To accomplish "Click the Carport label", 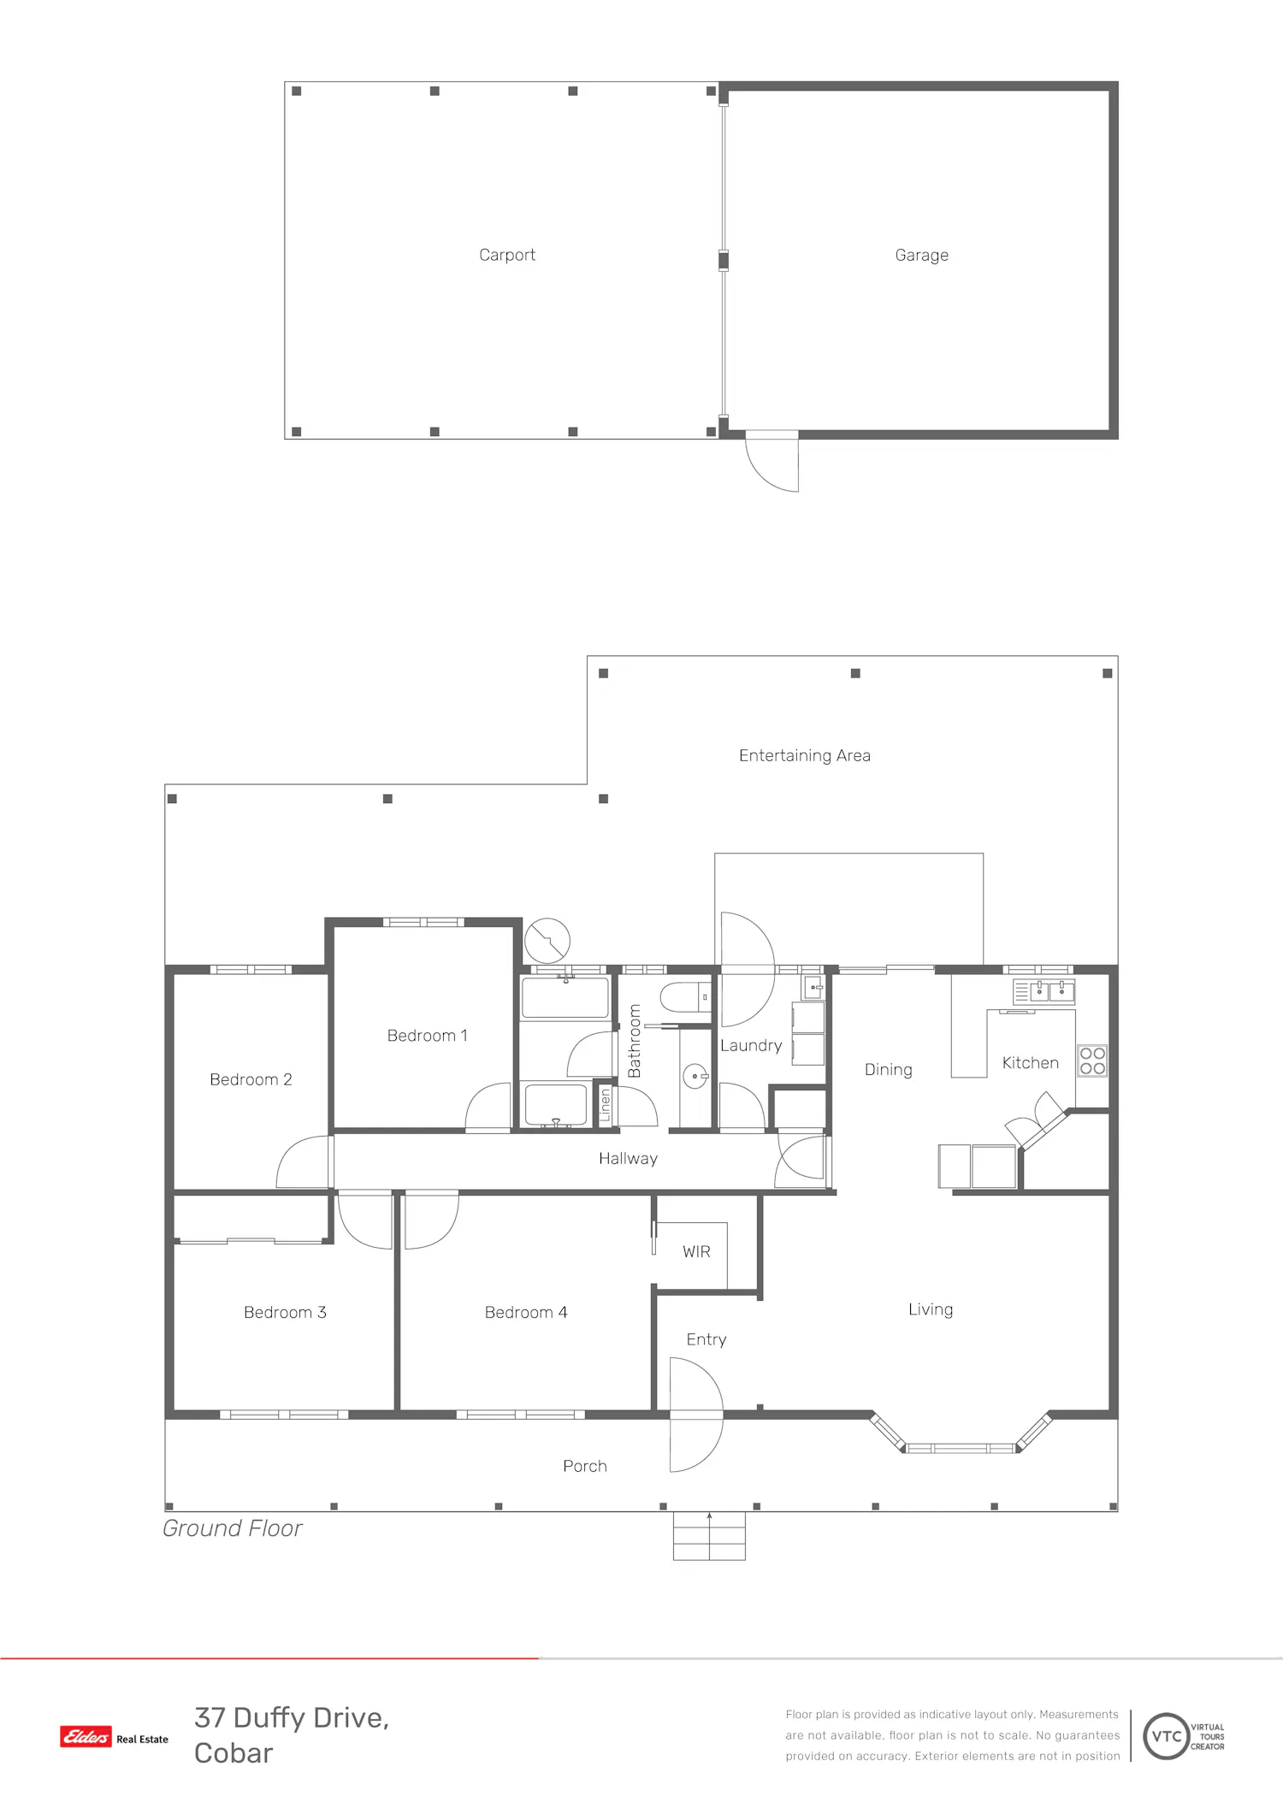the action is tap(507, 255).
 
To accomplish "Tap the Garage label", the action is tap(921, 255).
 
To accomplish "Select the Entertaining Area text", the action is tap(805, 755).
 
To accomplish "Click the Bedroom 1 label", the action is tap(428, 1036).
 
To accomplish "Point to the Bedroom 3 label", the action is tap(285, 1312).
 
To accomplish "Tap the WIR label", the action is tap(696, 1252).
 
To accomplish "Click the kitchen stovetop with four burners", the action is tap(1092, 1061).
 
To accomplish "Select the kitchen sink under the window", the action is tap(1044, 991).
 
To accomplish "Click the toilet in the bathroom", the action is tap(685, 997).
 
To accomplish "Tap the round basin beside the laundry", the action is tap(695, 1076).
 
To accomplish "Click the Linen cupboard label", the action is tap(606, 1104).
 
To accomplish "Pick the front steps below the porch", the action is tap(709, 1536).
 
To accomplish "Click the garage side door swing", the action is tap(772, 462).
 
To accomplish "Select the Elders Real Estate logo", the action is tap(114, 1737).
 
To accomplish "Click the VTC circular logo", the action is tap(1167, 1736).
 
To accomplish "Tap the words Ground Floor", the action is tap(233, 1528).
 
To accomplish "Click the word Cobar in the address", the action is tap(234, 1753).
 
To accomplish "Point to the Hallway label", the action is tap(628, 1159).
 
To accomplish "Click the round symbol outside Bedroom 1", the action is tap(547, 941).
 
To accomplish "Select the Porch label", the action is tap(585, 1466).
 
